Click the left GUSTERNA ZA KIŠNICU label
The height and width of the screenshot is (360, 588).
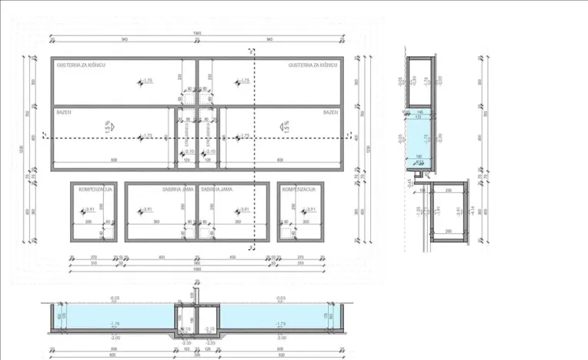(81, 66)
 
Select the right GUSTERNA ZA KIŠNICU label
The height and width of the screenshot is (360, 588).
(313, 66)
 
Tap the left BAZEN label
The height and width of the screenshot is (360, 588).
(63, 112)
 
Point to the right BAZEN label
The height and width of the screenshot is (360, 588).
(330, 112)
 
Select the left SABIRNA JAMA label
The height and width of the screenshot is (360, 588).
(176, 189)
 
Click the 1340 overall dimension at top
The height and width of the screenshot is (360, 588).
(198, 32)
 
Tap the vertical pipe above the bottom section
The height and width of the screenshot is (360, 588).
(197, 295)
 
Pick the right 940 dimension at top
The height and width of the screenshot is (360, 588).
(269, 40)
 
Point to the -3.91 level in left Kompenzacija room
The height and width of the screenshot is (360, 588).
(89, 209)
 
